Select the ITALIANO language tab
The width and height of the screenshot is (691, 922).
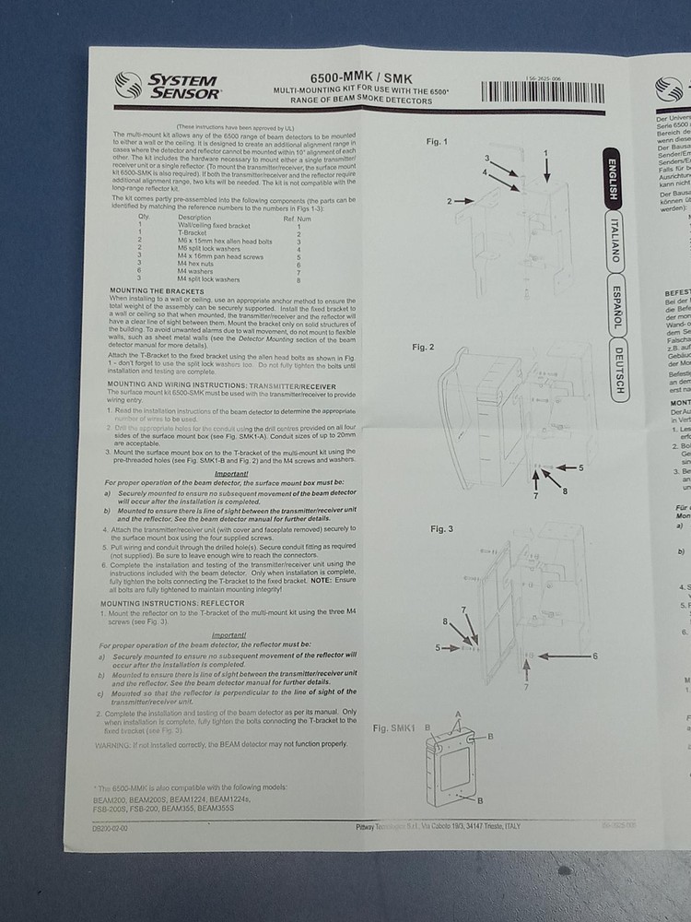coord(616,242)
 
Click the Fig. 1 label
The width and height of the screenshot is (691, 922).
coord(436,142)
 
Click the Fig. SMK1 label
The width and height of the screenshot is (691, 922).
coord(395,727)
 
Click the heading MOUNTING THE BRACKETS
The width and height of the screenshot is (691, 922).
coord(155,290)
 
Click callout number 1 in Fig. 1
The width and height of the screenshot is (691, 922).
coord(545,151)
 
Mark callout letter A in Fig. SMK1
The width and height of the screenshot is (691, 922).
coord(457,715)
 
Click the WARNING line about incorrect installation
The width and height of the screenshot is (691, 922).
coord(221,743)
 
